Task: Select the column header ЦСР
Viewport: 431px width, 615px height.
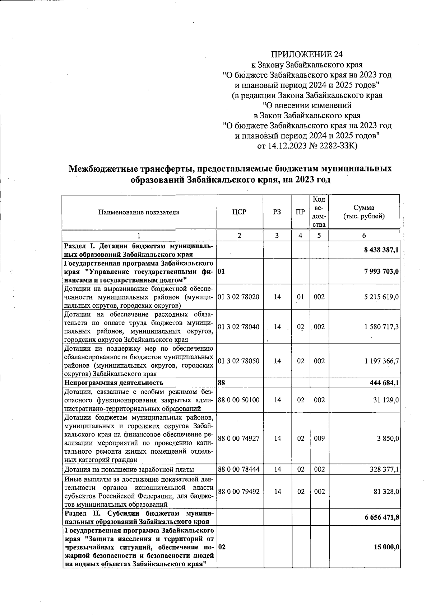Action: click(x=239, y=212)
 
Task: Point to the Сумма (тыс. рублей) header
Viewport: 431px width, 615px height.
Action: click(x=364, y=212)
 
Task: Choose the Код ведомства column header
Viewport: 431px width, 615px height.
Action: click(x=319, y=212)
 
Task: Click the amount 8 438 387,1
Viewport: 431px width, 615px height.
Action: click(x=381, y=250)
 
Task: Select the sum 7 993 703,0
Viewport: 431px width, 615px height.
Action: click(x=381, y=271)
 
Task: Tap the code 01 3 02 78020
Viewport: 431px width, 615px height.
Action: click(x=238, y=297)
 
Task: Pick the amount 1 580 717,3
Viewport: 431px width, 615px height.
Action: click(x=381, y=327)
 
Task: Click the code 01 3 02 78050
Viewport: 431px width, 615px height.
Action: click(x=238, y=361)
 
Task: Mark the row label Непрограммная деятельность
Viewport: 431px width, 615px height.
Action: click(x=113, y=383)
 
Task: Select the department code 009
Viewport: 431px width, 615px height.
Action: click(x=319, y=438)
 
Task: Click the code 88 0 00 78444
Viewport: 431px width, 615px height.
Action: click(x=238, y=469)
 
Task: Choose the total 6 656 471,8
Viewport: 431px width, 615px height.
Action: click(x=381, y=517)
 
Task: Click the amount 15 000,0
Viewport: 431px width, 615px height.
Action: click(x=386, y=547)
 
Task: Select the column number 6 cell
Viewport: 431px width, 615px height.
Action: click(x=364, y=236)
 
